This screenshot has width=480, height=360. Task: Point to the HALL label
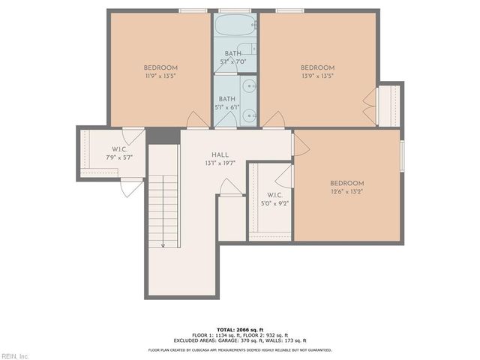220,154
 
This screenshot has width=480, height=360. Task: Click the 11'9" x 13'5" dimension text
160,76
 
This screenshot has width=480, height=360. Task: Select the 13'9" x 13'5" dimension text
316,76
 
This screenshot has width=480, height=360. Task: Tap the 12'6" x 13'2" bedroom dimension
346,191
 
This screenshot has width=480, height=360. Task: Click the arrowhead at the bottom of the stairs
162,244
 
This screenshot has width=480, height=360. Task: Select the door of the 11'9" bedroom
197,119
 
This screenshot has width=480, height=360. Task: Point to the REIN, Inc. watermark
15,355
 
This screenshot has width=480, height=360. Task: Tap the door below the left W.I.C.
131,187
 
